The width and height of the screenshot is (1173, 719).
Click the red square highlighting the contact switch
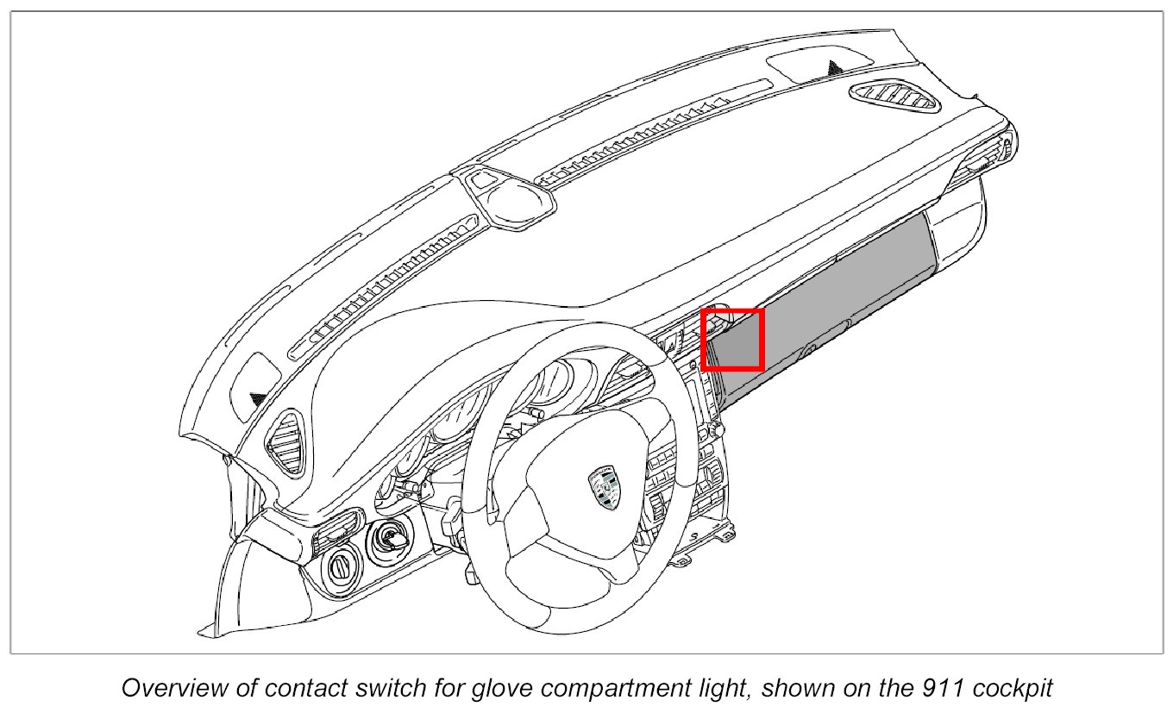[732, 340]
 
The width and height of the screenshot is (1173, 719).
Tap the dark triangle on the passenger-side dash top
[835, 66]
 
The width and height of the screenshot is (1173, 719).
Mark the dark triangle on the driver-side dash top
[258, 398]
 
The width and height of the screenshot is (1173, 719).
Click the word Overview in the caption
[166, 689]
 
